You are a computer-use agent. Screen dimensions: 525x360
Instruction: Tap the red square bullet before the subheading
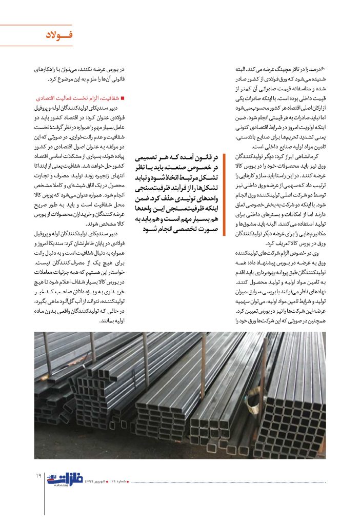124,97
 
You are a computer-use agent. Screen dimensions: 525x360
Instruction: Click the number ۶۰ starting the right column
323,69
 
